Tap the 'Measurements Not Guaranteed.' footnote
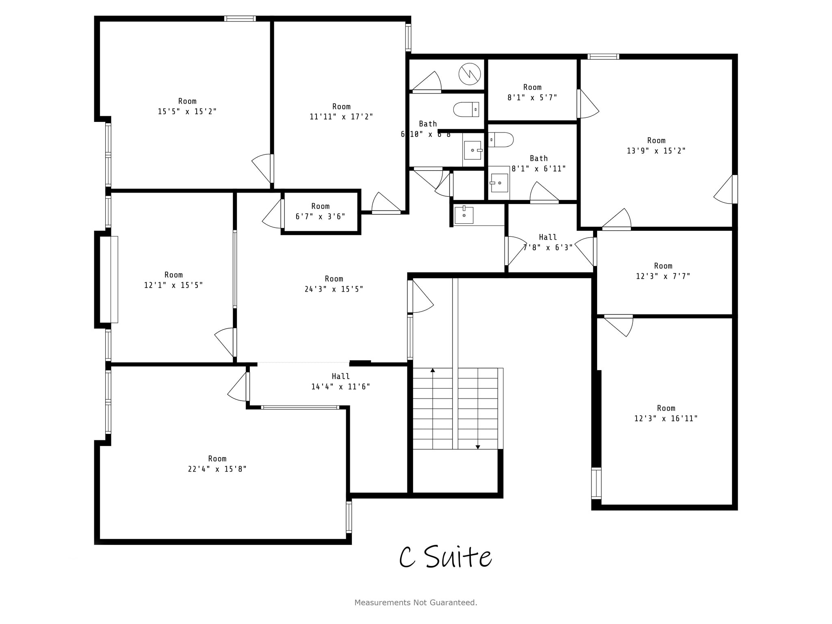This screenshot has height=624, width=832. [416, 602]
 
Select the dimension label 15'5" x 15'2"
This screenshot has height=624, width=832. [187, 111]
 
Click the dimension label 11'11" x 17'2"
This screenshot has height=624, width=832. [341, 117]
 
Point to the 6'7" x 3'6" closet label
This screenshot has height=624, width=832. [320, 217]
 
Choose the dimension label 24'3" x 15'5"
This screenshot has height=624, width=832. [334, 289]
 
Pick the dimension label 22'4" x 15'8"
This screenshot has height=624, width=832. [217, 469]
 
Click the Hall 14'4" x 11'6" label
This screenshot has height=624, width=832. [340, 381]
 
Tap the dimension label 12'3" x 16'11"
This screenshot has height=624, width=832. [666, 418]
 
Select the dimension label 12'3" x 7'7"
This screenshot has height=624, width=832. [663, 276]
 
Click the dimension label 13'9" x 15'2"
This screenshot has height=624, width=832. [656, 151]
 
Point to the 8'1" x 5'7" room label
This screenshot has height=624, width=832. [532, 97]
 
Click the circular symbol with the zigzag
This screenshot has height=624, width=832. [470, 74]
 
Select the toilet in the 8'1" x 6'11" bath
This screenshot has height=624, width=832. [501, 140]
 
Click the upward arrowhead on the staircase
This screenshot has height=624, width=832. [433, 370]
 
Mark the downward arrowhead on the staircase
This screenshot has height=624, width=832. [478, 447]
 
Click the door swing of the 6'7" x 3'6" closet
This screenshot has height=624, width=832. [273, 214]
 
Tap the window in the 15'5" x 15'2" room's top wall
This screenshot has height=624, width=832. [240, 19]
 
